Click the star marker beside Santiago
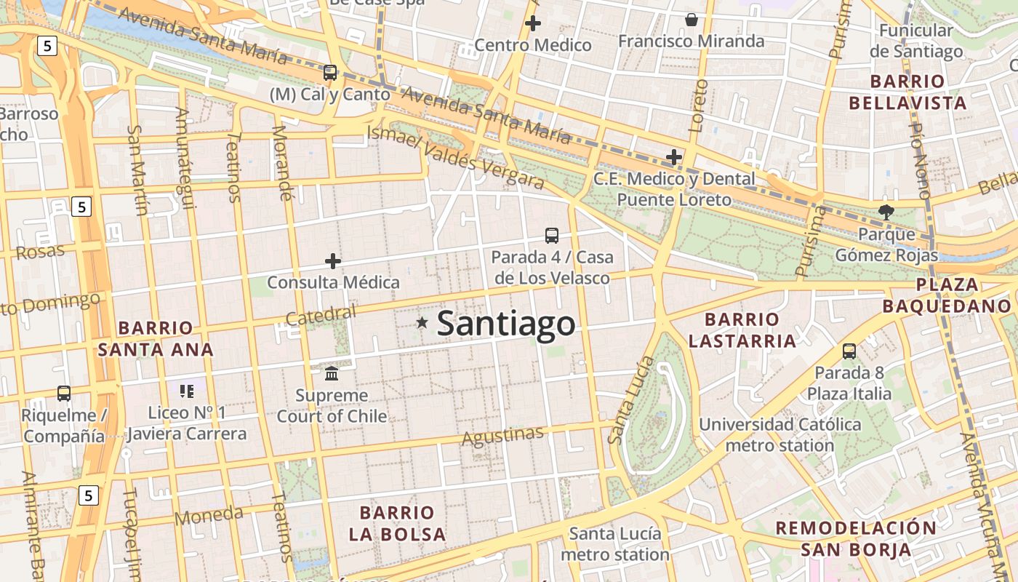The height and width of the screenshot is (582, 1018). [422, 322]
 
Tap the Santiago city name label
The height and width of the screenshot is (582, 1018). [506, 324]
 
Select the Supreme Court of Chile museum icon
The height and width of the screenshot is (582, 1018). [332, 373]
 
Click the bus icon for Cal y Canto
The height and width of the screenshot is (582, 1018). [330, 72]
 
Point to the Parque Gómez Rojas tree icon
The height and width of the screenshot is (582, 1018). [886, 212]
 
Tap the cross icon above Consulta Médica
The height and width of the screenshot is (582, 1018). [333, 260]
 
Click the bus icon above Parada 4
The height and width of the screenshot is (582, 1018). [552, 235]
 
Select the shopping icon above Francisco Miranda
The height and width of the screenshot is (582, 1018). [692, 20]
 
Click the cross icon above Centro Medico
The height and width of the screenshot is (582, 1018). [533, 23]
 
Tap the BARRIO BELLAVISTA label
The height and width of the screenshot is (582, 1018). [907, 92]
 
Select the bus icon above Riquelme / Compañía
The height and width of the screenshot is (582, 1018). [64, 394]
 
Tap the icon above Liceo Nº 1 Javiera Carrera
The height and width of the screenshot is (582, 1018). [187, 391]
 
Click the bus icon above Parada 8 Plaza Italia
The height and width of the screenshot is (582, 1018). [849, 351]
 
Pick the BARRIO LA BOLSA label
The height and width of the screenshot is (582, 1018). [397, 523]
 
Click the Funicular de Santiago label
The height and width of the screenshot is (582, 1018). [916, 41]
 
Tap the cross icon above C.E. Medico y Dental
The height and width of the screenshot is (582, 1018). [674, 156]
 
